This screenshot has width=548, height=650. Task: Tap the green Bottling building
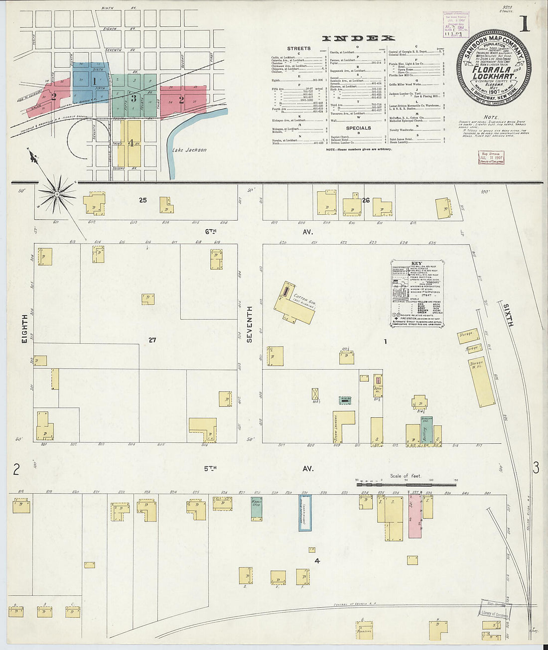click(x=426, y=431)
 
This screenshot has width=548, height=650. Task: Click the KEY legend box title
click(x=417, y=263)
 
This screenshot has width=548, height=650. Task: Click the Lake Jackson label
click(x=189, y=149)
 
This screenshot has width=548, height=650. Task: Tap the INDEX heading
click(x=358, y=38)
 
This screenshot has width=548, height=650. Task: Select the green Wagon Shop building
click(x=257, y=509)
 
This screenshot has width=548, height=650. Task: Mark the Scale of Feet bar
click(x=406, y=483)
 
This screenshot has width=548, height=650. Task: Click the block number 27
click(x=152, y=340)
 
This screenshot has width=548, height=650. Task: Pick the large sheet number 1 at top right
click(x=524, y=23)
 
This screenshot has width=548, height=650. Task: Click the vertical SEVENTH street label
click(x=250, y=324)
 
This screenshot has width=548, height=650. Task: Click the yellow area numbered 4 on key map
click(x=131, y=143)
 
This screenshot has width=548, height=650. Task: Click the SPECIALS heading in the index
click(x=358, y=128)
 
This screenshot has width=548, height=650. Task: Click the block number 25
click(x=143, y=200)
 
